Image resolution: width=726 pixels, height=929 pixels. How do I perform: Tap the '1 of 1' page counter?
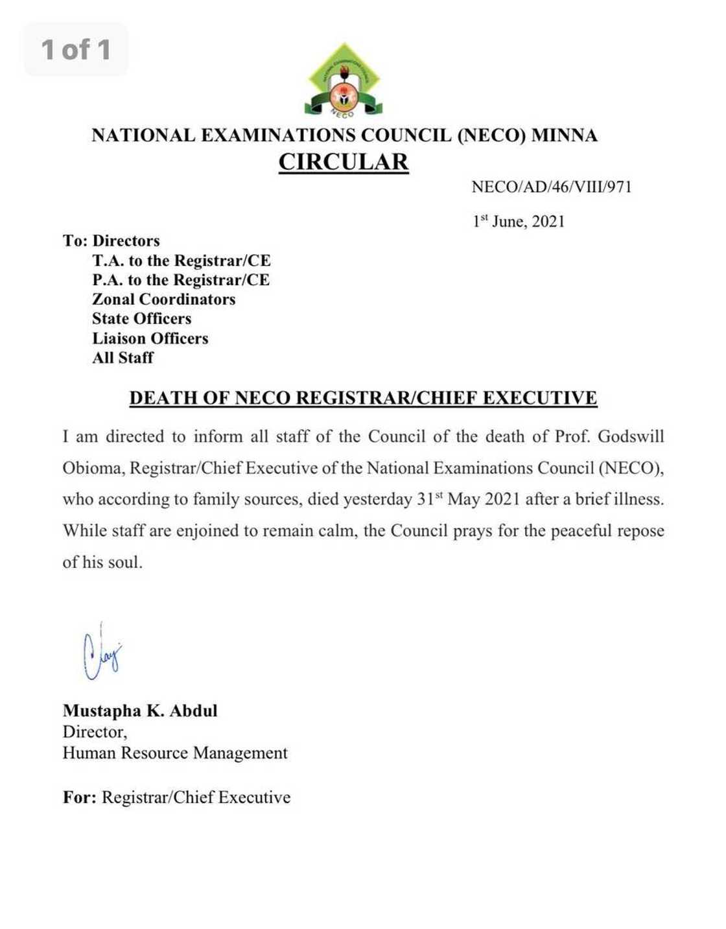coord(76,49)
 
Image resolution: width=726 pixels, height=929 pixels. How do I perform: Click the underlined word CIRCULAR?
coord(344,161)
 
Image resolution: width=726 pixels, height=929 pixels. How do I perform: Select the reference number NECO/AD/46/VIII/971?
coord(551,187)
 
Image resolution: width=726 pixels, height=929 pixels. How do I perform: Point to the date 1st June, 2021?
coord(519,222)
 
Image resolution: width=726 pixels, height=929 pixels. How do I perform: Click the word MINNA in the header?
coord(564,135)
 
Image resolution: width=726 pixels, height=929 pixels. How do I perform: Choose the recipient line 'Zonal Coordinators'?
coord(163,300)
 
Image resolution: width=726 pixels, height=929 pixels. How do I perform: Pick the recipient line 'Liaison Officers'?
coord(150,338)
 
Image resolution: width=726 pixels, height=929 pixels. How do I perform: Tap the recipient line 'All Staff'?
coord(123,358)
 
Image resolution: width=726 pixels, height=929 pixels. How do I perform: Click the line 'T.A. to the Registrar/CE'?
coord(181,261)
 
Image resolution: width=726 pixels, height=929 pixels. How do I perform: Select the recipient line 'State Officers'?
coord(141,319)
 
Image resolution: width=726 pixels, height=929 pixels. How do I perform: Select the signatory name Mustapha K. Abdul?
coord(140,711)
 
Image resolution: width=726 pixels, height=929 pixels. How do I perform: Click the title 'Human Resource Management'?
coord(175,753)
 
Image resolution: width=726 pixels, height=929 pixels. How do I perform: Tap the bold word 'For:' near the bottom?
coord(79,797)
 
